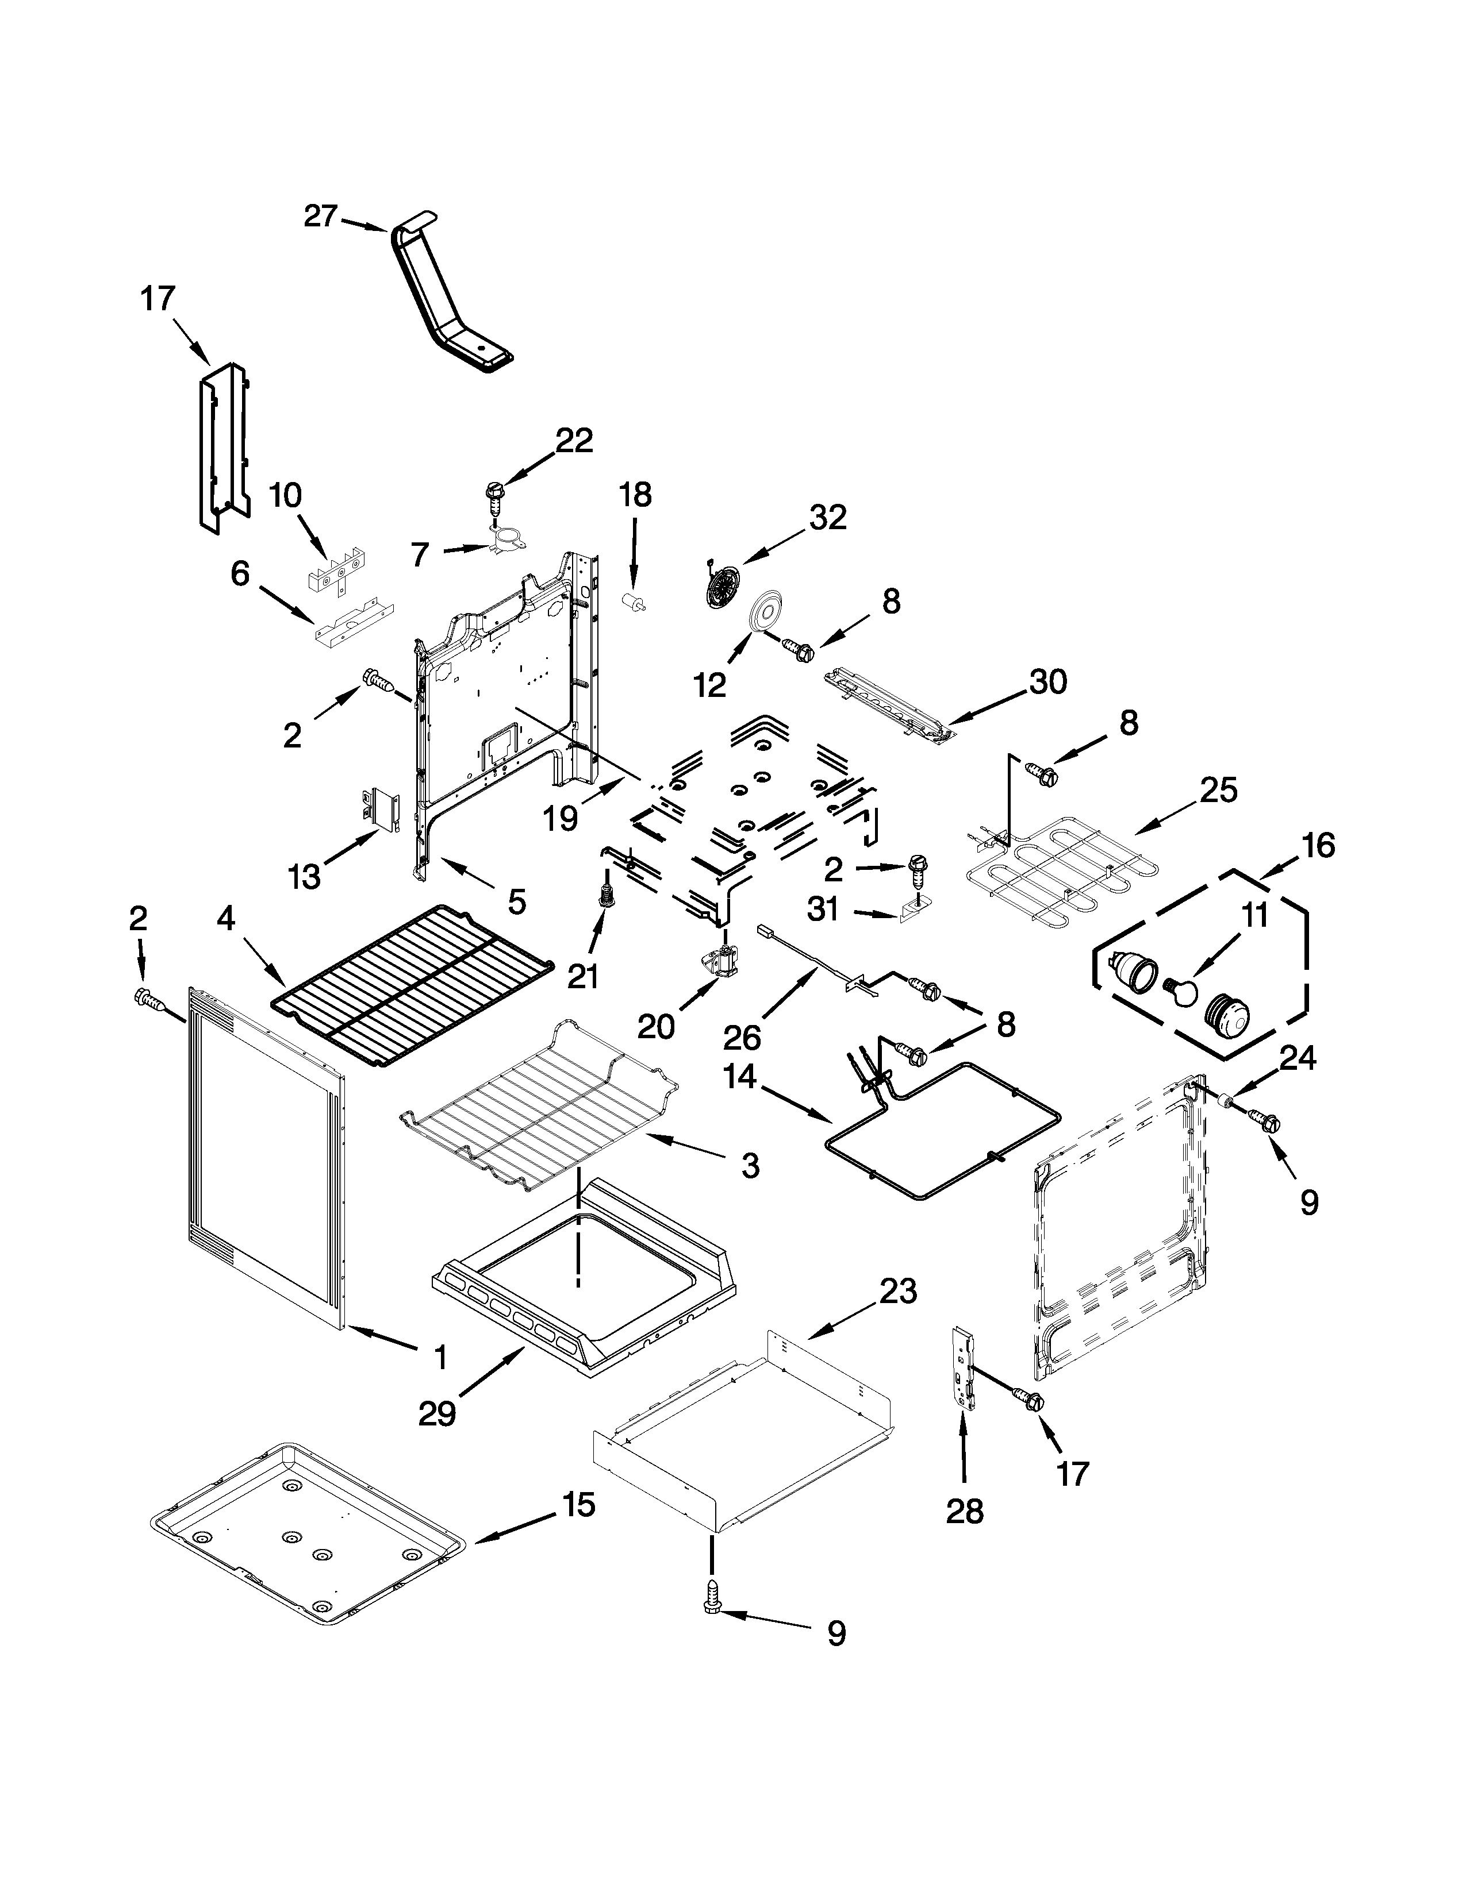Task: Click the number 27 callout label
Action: coord(320,216)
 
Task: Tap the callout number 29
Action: coord(437,1414)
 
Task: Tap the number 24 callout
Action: coord(1298,1057)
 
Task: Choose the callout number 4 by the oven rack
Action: coord(225,919)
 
